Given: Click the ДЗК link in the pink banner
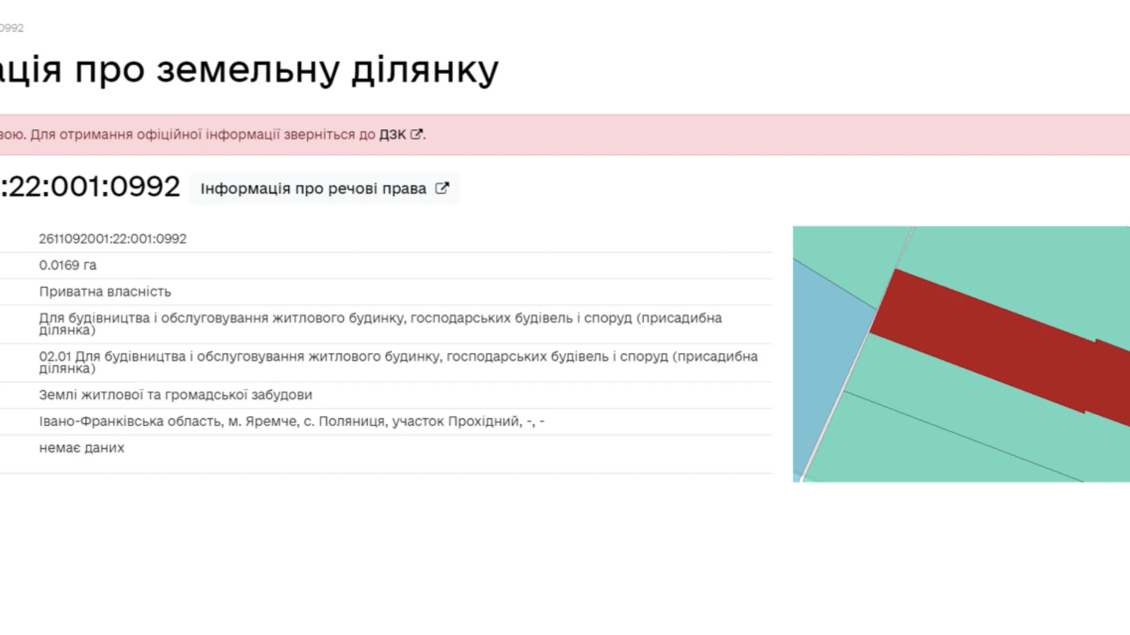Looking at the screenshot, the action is pos(392,134).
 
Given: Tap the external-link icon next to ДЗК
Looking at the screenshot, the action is pos(416,134).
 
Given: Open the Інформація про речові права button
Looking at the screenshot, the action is pos(324,189).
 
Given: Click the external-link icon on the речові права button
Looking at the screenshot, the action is pos(442,188).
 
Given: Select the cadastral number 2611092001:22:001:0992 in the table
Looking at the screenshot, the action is pos(112,239).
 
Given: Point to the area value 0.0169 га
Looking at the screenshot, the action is pos(68,265).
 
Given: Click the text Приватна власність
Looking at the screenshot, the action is pos(105,292).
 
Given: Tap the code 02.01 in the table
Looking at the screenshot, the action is pos(55,357).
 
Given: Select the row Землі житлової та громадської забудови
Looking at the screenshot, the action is pos(175,395).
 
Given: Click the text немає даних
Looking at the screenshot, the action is pos(82,448).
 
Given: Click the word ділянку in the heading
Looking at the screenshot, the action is pos(425,70).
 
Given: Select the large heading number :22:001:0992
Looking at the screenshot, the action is pos(90,186).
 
